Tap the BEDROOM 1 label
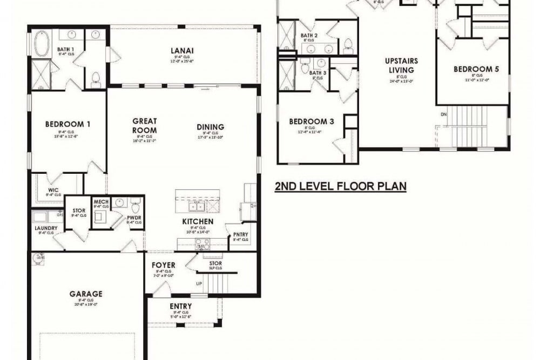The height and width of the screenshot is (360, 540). [x=67, y=124]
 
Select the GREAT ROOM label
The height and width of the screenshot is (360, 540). [x=144, y=126]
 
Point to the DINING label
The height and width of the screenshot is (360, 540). [x=211, y=127]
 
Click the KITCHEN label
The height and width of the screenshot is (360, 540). [x=198, y=222]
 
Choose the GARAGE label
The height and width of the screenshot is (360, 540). [x=86, y=294]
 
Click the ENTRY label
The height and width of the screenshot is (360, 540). [x=180, y=307]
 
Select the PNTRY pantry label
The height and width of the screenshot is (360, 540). [x=240, y=234]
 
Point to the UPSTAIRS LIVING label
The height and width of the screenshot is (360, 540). [x=401, y=65]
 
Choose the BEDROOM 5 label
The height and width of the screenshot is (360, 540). [x=476, y=69]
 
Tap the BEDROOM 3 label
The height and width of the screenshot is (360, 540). [x=312, y=121]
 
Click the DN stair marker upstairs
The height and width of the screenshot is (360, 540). [x=444, y=114]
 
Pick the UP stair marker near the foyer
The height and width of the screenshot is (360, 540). [x=199, y=283]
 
